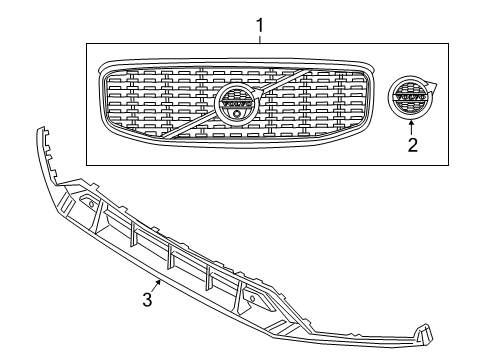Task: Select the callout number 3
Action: coord(147,299)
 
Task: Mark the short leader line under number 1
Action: coord(260,38)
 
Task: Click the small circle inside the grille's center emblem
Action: coord(237,113)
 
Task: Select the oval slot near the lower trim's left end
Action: coord(91,204)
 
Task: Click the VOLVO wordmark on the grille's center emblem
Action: coord(237,101)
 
